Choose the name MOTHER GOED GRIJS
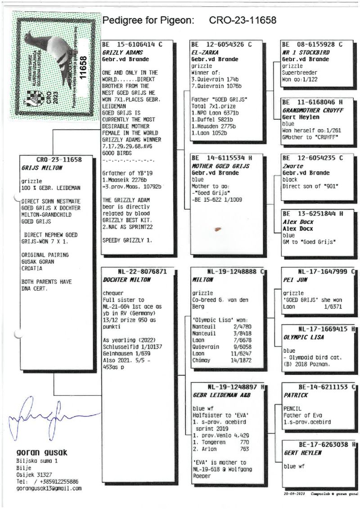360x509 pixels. click(220, 166)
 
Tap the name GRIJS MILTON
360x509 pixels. click(42, 168)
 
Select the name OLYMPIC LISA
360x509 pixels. click(304, 337)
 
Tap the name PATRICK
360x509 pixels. click(296, 395)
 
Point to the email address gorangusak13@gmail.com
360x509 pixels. click(49, 488)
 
